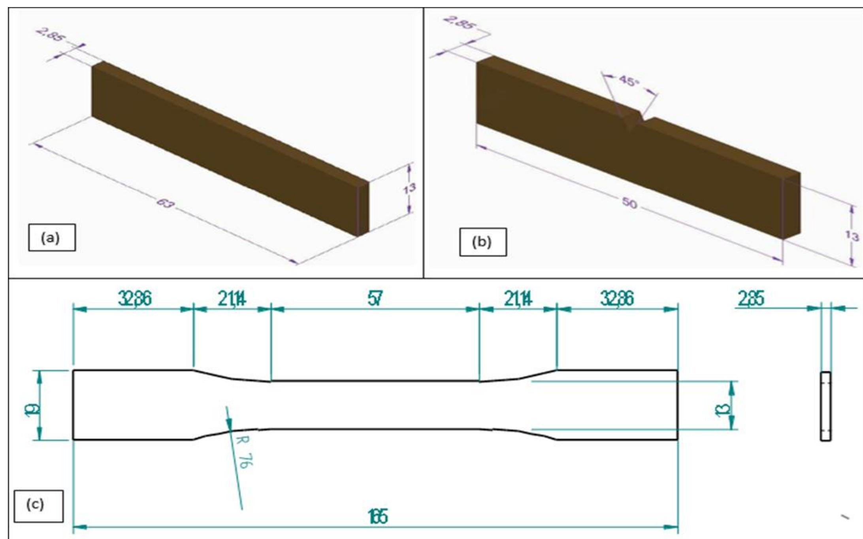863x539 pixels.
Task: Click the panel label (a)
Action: tap(51, 237)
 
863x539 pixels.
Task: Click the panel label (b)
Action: tap(482, 242)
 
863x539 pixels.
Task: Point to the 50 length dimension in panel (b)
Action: tap(630, 203)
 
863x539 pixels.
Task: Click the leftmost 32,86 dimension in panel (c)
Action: tap(135, 299)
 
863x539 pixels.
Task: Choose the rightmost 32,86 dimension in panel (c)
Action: tap(617, 299)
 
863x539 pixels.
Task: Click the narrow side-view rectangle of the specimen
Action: tap(826, 406)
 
